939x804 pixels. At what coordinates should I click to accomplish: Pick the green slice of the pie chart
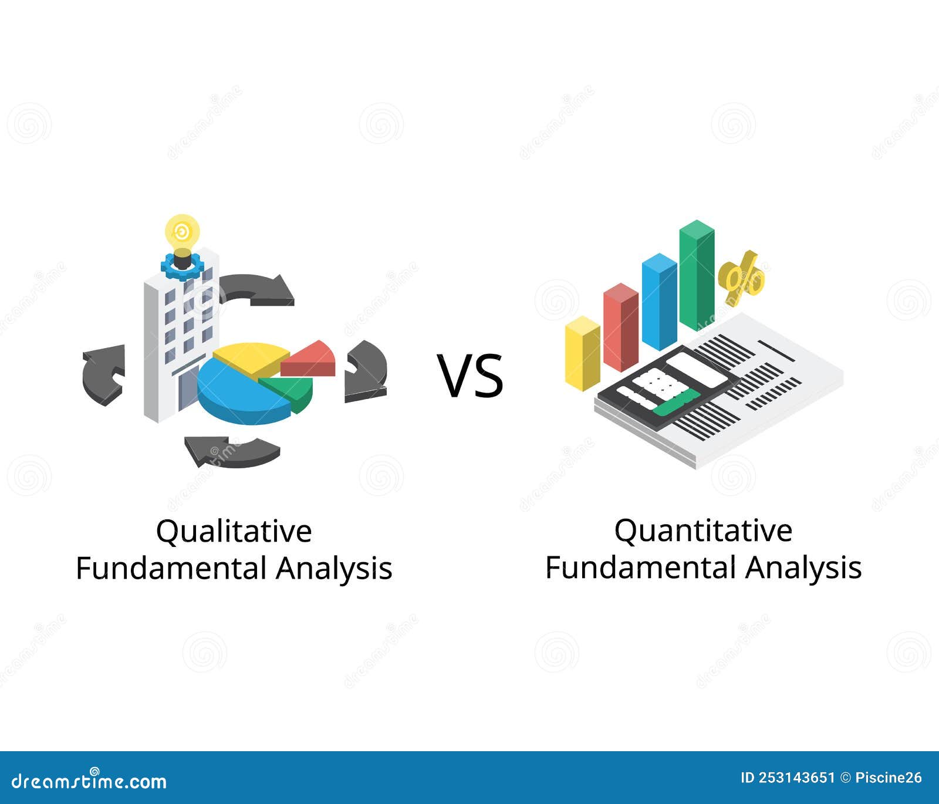pos(291,390)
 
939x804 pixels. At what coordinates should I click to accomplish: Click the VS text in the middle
pos(470,376)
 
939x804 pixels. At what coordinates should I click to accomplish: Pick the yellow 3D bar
pos(582,353)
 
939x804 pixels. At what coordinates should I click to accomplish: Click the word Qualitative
pos(234,531)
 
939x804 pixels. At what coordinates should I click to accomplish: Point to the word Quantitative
pos(703,531)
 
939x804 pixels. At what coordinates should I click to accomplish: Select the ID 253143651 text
pos(788,778)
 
